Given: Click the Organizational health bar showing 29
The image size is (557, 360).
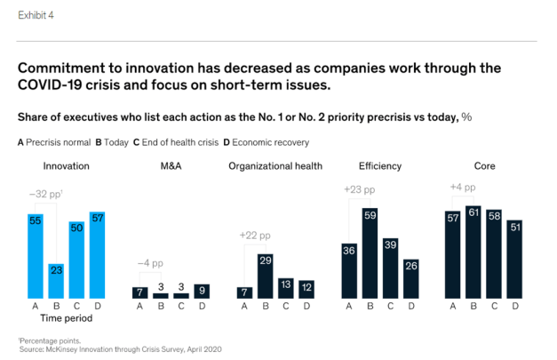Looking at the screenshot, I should pyautogui.click(x=265, y=276).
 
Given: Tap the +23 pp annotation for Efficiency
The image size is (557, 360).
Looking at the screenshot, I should pyautogui.click(x=359, y=189).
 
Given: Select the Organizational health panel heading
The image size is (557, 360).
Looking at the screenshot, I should pyautogui.click(x=275, y=166).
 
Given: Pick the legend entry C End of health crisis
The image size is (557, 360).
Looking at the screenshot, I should pyautogui.click(x=173, y=141).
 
